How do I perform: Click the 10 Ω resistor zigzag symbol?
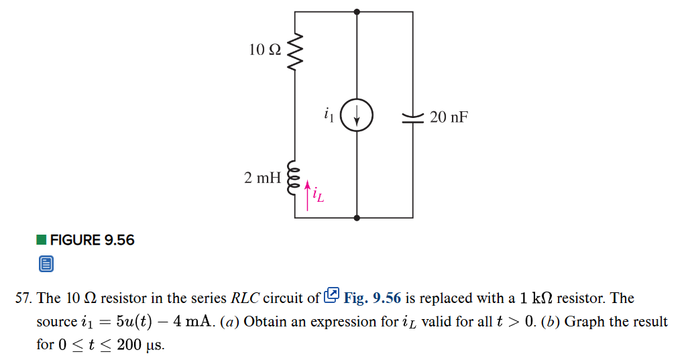295,51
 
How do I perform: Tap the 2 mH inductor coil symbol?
294,178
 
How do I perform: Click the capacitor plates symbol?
412,117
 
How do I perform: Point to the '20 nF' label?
449,117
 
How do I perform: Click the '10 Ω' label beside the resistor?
265,50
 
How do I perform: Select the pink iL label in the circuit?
319,196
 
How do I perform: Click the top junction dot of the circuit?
357,11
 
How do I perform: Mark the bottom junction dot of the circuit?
357,218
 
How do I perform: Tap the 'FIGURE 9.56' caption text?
93,240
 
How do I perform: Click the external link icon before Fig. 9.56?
331,296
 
